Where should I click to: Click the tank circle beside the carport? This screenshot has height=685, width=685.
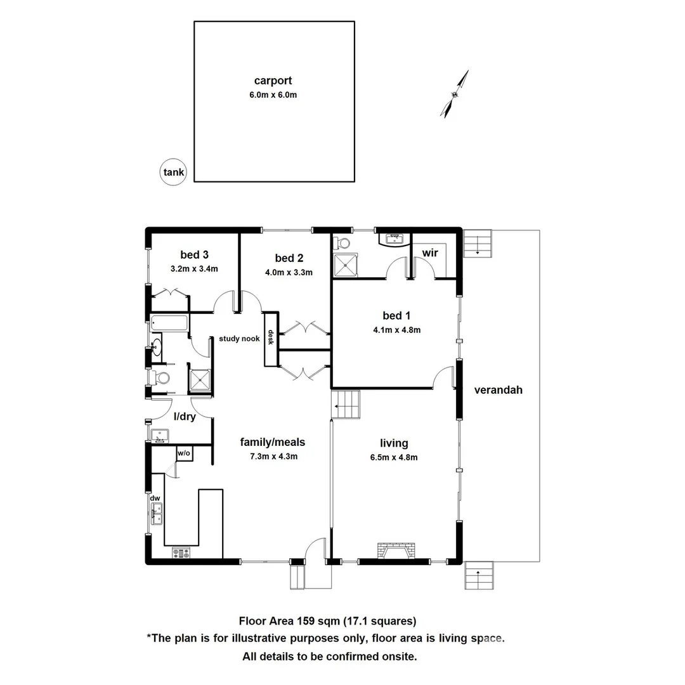[173, 172]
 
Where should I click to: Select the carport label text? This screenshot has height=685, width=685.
[273, 81]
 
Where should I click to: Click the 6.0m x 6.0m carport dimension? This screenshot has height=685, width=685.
[273, 95]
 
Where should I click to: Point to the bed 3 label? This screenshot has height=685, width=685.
[194, 255]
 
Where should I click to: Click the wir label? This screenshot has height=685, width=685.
[430, 253]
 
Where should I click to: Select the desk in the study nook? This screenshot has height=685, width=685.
[271, 339]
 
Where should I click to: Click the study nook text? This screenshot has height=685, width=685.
[239, 339]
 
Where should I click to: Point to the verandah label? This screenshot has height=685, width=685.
[499, 390]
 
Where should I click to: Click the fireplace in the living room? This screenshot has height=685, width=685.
[395, 551]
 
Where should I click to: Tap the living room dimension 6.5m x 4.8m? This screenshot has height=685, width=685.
[394, 457]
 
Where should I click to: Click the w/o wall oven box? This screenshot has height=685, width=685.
[184, 453]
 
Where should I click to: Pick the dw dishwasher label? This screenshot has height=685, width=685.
[155, 498]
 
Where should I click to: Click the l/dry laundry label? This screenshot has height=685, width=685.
[185, 417]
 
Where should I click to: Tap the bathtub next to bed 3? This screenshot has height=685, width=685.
[170, 323]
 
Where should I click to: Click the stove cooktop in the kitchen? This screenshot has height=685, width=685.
[181, 553]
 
